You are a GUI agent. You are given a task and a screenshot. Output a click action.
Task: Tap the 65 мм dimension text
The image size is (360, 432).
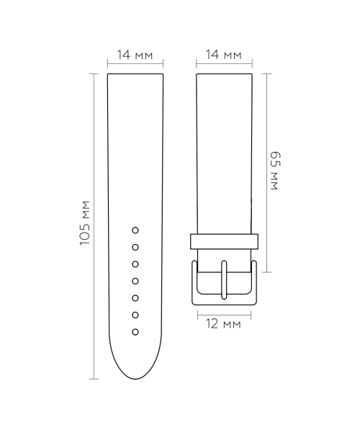[x=274, y=171]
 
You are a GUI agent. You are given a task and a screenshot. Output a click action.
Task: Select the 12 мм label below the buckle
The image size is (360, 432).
[x=223, y=324]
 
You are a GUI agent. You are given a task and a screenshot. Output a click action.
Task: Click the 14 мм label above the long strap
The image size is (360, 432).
[x=135, y=55]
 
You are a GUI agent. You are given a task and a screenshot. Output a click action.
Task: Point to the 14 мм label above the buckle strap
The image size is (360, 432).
[x=223, y=55]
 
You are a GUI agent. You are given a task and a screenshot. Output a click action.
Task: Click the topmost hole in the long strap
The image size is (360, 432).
[x=135, y=230]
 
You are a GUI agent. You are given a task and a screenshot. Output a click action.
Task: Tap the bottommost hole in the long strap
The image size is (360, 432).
[x=135, y=332]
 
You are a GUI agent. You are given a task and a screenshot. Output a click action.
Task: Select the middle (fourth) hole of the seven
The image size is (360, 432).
[x=135, y=281]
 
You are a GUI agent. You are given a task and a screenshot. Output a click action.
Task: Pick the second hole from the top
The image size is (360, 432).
[x=135, y=247]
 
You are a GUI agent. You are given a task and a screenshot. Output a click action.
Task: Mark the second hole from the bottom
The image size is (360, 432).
[x=135, y=315]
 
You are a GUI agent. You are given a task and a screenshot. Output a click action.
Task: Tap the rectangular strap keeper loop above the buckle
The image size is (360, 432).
[x=224, y=240]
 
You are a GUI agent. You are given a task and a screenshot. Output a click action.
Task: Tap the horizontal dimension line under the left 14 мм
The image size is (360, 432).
[x=135, y=65]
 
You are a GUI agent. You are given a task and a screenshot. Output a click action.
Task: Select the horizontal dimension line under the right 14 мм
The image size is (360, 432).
[x=223, y=65]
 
